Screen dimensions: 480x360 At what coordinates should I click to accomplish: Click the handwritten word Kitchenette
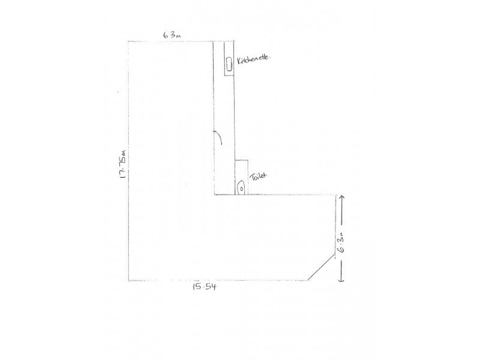coord(254,59)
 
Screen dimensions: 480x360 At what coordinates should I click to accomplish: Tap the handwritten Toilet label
coord(259,176)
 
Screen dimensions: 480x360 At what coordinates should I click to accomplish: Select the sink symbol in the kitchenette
coord(229,64)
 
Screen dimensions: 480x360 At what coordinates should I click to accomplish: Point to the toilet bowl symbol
coord(242,187)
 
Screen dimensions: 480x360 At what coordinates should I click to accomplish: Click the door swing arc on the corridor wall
coord(220,137)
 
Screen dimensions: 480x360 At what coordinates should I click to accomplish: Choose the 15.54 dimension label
coord(204,287)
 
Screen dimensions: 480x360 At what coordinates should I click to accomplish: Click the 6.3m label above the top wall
coord(172,35)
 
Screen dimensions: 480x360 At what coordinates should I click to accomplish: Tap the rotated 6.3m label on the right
coord(341,242)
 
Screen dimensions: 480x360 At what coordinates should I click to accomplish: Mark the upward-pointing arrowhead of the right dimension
coord(342,197)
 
